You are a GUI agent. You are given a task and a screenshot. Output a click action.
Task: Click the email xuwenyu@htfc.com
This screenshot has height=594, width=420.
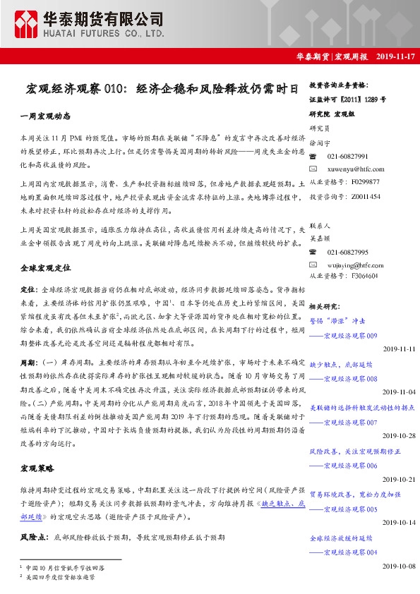(x=356, y=169)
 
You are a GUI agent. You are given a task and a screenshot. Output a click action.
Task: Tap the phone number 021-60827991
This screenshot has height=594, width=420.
(x=347, y=156)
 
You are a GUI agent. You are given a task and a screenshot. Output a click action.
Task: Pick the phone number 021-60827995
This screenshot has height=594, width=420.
(x=347, y=252)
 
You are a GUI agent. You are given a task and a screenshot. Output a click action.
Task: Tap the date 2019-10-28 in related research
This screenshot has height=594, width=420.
(x=400, y=436)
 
